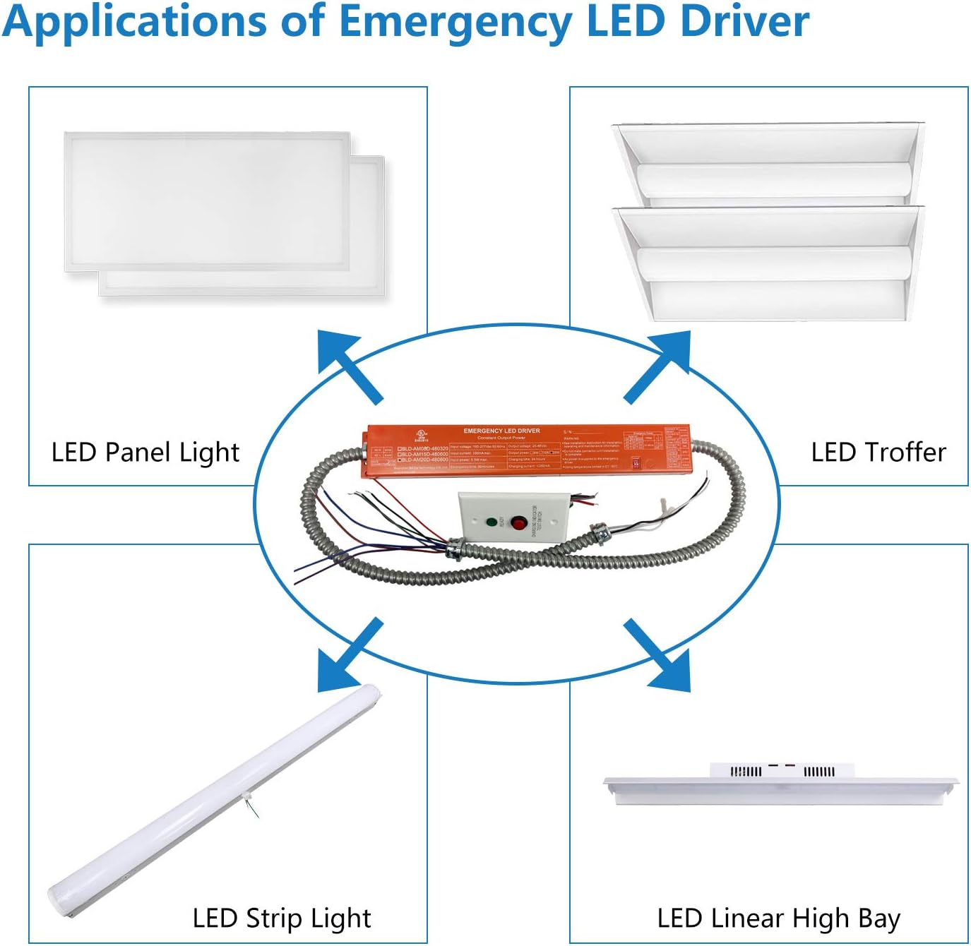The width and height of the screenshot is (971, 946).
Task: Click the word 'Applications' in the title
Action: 134,21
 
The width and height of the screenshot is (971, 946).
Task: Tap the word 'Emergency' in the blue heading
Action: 455,21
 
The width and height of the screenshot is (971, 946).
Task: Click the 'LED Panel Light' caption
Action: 145,452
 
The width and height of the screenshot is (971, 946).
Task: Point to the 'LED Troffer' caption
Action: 878,452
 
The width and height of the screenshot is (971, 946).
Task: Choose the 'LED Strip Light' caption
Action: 281,918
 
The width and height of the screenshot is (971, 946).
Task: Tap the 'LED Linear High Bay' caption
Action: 778,918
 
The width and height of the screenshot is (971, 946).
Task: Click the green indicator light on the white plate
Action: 491,522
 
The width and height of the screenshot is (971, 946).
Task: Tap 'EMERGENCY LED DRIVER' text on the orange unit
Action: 501,431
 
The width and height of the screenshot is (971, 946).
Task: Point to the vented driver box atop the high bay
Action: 782,770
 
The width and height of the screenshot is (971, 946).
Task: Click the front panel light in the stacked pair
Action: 207,201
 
